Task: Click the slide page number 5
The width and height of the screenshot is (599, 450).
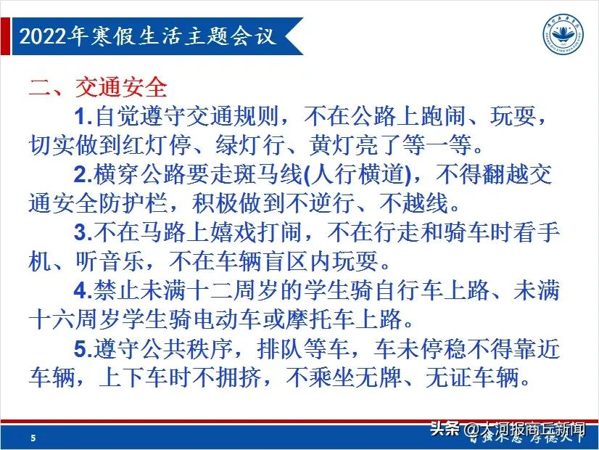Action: [x=33, y=438]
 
